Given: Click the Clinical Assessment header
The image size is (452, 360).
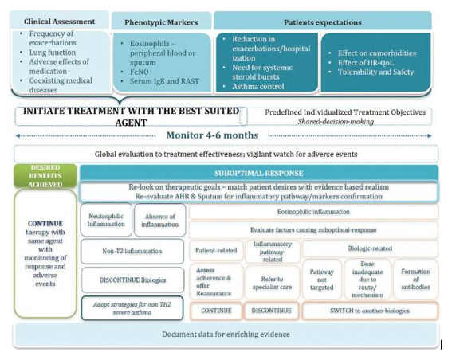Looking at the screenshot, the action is [59, 21].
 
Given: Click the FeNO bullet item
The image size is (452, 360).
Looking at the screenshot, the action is [140, 72].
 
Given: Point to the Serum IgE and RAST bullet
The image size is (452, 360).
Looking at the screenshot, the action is [164, 81].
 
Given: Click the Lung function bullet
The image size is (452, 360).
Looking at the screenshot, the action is [52, 53].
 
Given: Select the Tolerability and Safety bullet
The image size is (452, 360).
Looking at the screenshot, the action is [375, 72].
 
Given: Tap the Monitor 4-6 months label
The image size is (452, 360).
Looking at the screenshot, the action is [213, 135].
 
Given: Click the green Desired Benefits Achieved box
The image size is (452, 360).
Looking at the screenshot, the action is [45, 176].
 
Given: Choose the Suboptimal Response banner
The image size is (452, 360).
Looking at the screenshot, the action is [259, 173].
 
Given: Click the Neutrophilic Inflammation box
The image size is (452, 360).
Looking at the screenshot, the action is [106, 220].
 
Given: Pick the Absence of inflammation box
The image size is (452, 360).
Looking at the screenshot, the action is [160, 221].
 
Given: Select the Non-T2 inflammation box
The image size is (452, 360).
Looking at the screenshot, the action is [132, 251].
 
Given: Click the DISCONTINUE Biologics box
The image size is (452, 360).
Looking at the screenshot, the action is [132, 280].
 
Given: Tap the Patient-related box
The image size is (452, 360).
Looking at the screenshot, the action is [216, 250].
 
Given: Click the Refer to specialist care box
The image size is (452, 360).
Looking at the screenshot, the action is [272, 283].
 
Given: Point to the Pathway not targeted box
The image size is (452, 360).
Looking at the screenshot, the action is [322, 280].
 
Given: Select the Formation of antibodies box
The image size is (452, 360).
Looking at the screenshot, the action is [415, 279].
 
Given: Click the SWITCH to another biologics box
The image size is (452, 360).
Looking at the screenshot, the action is [370, 311].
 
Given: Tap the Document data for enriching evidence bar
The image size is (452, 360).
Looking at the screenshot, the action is [226, 334].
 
